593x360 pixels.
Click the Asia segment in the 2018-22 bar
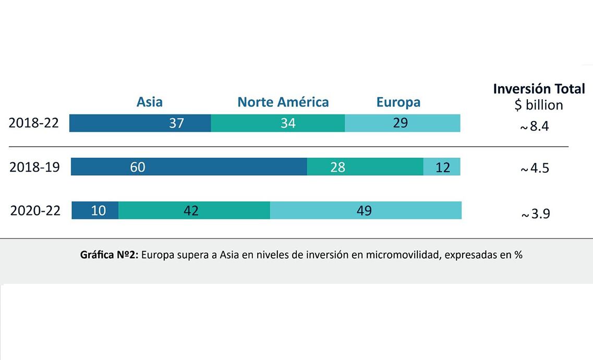click(140, 123)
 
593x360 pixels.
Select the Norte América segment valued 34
click(277, 123)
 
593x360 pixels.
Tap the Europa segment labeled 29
click(402, 123)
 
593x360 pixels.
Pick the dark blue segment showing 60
click(189, 167)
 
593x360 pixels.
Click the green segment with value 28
click(365, 167)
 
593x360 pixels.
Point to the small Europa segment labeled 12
click(442, 167)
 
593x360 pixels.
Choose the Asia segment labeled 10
click(95, 210)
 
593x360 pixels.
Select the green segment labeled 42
click(194, 210)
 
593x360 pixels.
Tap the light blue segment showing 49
click(365, 210)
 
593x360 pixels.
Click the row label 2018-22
click(34, 124)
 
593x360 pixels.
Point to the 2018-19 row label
click(34, 167)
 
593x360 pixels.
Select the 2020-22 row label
click(35, 211)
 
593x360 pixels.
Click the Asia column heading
click(150, 102)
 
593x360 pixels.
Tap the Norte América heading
click(283, 102)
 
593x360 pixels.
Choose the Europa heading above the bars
click(398, 102)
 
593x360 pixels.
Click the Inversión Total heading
click(539, 89)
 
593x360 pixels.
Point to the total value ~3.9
click(535, 214)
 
